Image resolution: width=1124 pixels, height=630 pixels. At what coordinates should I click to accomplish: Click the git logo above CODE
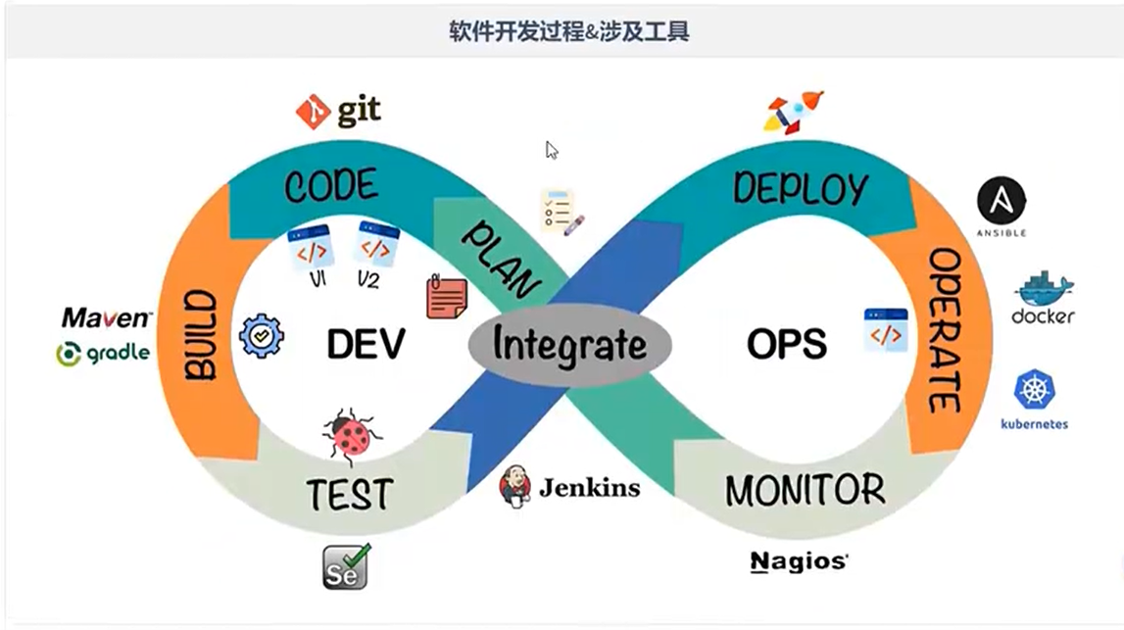pos(338,112)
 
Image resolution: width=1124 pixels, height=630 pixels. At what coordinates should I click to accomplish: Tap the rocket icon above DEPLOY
pos(793,111)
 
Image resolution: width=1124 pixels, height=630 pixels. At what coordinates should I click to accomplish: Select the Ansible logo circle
pos(1001,203)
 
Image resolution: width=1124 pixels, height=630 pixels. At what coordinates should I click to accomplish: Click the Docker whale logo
pos(1044,290)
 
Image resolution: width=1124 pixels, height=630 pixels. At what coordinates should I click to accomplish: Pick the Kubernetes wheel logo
pos(1034,390)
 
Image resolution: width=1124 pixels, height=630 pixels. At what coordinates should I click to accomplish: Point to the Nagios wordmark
pos(799,561)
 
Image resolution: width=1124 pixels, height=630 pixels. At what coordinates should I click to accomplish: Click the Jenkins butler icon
pos(515,486)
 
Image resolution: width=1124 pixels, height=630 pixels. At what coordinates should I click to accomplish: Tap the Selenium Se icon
pos(346,566)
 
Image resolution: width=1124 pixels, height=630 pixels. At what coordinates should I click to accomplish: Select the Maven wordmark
pos(107,317)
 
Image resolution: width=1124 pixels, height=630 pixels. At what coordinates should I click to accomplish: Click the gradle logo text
pos(104,353)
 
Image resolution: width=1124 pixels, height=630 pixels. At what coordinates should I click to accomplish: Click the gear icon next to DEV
pos(261,336)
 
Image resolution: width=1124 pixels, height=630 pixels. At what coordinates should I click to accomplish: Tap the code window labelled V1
pos(311,247)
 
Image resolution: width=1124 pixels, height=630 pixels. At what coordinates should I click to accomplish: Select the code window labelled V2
pos(377,243)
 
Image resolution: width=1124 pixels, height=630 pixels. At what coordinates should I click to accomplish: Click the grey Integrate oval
pos(569,345)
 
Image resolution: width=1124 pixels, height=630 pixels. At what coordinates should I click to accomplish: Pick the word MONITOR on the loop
pos(805,489)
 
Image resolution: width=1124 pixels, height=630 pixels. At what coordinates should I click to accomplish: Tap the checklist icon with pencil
pos(562,212)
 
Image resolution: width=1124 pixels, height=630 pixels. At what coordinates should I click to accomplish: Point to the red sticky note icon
pos(446,296)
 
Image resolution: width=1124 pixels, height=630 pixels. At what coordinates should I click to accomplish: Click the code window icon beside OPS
pos(885,330)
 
